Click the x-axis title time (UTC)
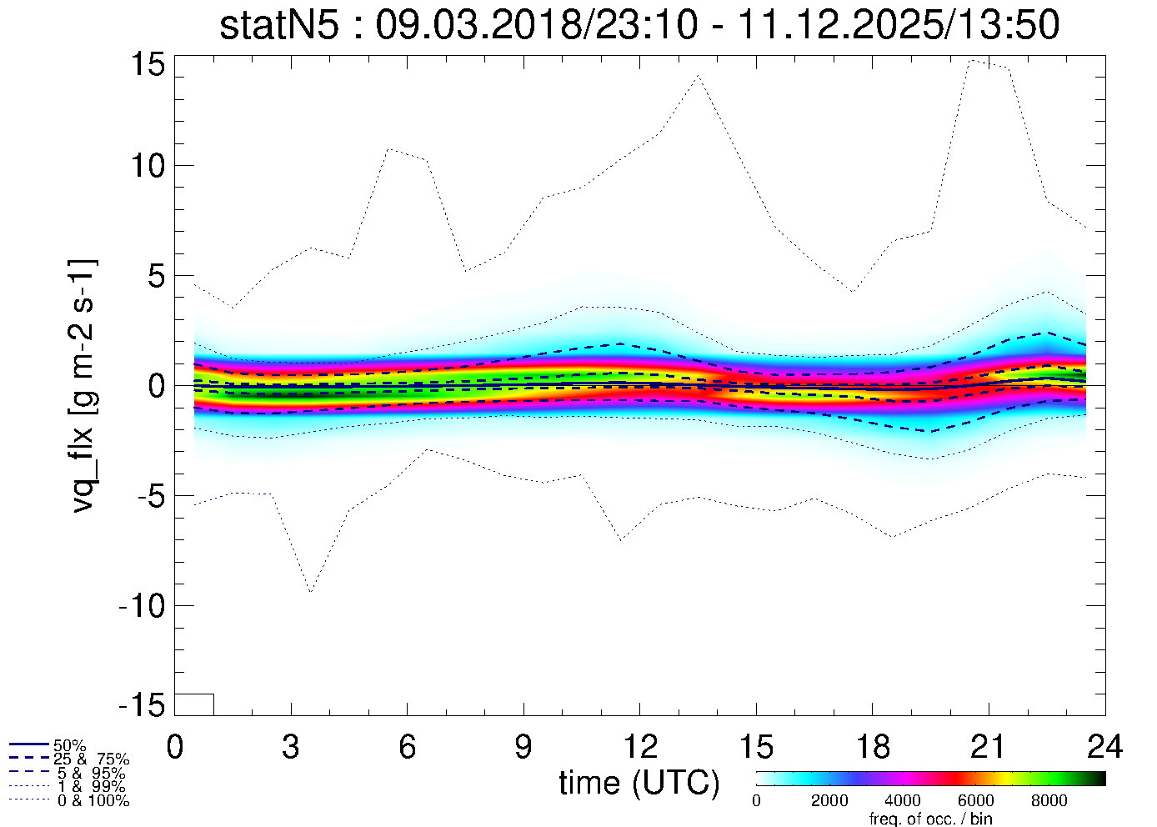point(639,783)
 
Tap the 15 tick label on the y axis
point(149,64)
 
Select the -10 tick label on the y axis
point(143,606)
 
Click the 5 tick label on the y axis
point(158,276)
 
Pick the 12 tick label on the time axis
point(639,747)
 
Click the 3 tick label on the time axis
point(291,747)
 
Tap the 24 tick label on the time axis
point(1104,747)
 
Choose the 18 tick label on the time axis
point(872,747)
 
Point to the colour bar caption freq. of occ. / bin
point(930,819)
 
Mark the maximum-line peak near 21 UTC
point(971,60)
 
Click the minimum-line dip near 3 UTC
point(310,592)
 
